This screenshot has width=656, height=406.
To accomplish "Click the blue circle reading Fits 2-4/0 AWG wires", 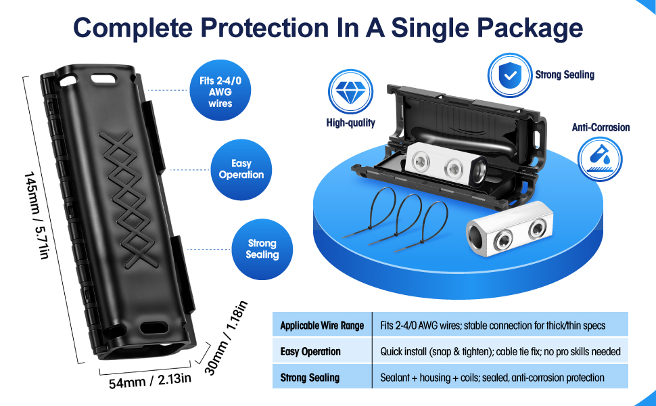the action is pyautogui.click(x=220, y=91).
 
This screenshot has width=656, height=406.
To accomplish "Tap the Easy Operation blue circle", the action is pyautogui.click(x=241, y=170).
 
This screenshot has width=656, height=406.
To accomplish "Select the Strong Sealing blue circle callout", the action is pyautogui.click(x=262, y=249).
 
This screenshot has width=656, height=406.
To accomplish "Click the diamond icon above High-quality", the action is pyautogui.click(x=350, y=91).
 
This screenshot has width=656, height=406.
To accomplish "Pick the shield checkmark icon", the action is pyautogui.click(x=509, y=75).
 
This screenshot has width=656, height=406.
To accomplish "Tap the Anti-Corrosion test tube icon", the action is pyautogui.click(x=600, y=159).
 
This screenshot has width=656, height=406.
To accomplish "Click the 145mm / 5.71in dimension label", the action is pyautogui.click(x=37, y=215).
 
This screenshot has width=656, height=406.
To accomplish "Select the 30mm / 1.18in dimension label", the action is pyautogui.click(x=226, y=338).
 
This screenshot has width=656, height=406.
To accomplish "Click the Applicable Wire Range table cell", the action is pyautogui.click(x=322, y=325).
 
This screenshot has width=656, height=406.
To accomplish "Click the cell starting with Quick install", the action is pyautogui.click(x=500, y=351).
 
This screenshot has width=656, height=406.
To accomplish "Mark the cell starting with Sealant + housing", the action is pyautogui.click(x=500, y=377).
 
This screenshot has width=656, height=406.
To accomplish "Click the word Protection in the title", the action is pyautogui.click(x=265, y=28).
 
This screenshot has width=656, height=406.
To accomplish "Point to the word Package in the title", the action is pyautogui.click(x=530, y=28).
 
